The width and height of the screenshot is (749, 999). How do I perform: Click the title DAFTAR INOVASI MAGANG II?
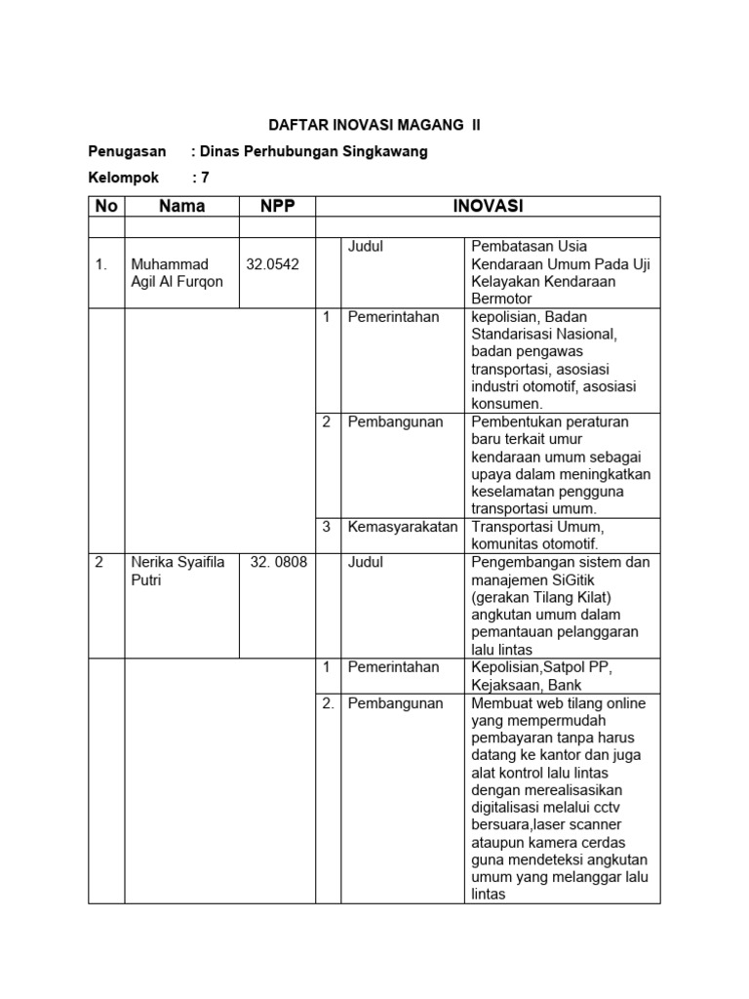tap(374, 126)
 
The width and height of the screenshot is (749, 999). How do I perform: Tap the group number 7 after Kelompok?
tap(205, 178)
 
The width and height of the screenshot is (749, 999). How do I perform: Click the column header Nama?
tap(182, 206)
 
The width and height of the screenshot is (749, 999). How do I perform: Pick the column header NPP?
tap(277, 206)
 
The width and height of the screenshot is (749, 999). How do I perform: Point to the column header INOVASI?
tap(488, 206)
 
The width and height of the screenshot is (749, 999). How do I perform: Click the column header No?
tap(105, 206)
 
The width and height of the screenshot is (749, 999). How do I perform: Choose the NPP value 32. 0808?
tap(275, 563)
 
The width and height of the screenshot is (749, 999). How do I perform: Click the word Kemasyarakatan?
tap(402, 527)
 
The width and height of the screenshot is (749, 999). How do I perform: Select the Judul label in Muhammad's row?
tap(366, 247)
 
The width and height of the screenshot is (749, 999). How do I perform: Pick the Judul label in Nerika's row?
tap(366, 563)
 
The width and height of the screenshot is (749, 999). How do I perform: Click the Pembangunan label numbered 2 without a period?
tap(395, 421)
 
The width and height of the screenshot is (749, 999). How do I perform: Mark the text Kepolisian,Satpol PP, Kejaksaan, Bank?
tap(542, 676)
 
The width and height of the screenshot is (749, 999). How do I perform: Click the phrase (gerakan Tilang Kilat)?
tap(540, 598)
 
